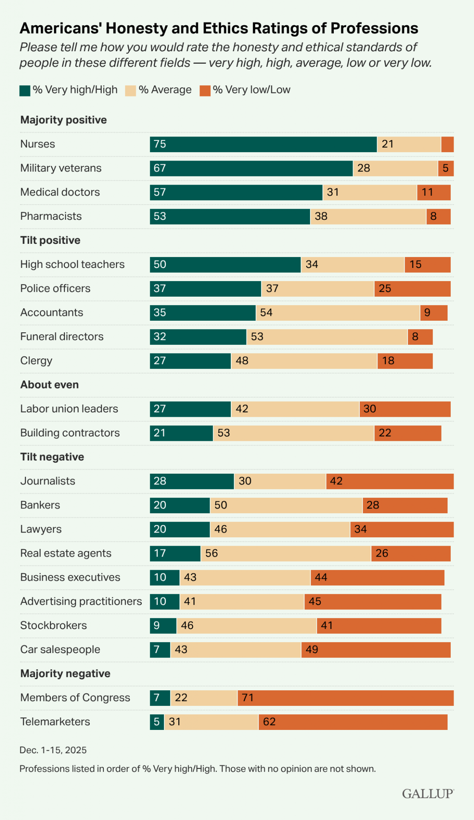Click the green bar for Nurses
pos(263,144)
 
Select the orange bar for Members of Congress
pos(345,697)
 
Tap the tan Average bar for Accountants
pos(338,312)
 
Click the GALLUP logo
pos(428,794)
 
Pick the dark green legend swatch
pos(25,90)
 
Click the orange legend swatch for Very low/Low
pos(205,90)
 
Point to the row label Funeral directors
pos(62,336)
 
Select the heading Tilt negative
pos(52,457)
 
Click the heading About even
pos(49,385)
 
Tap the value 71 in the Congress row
pos(248,697)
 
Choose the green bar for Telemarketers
pos(157,722)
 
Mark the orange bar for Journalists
pos(390,481)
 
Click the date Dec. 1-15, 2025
pos(53,750)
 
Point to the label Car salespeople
pos(60,649)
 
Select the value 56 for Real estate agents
pos(211,553)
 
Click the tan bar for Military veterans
pos(395,168)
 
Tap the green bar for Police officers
pos(206,288)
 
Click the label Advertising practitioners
pos(81,601)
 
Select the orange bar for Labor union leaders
pos(405,409)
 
